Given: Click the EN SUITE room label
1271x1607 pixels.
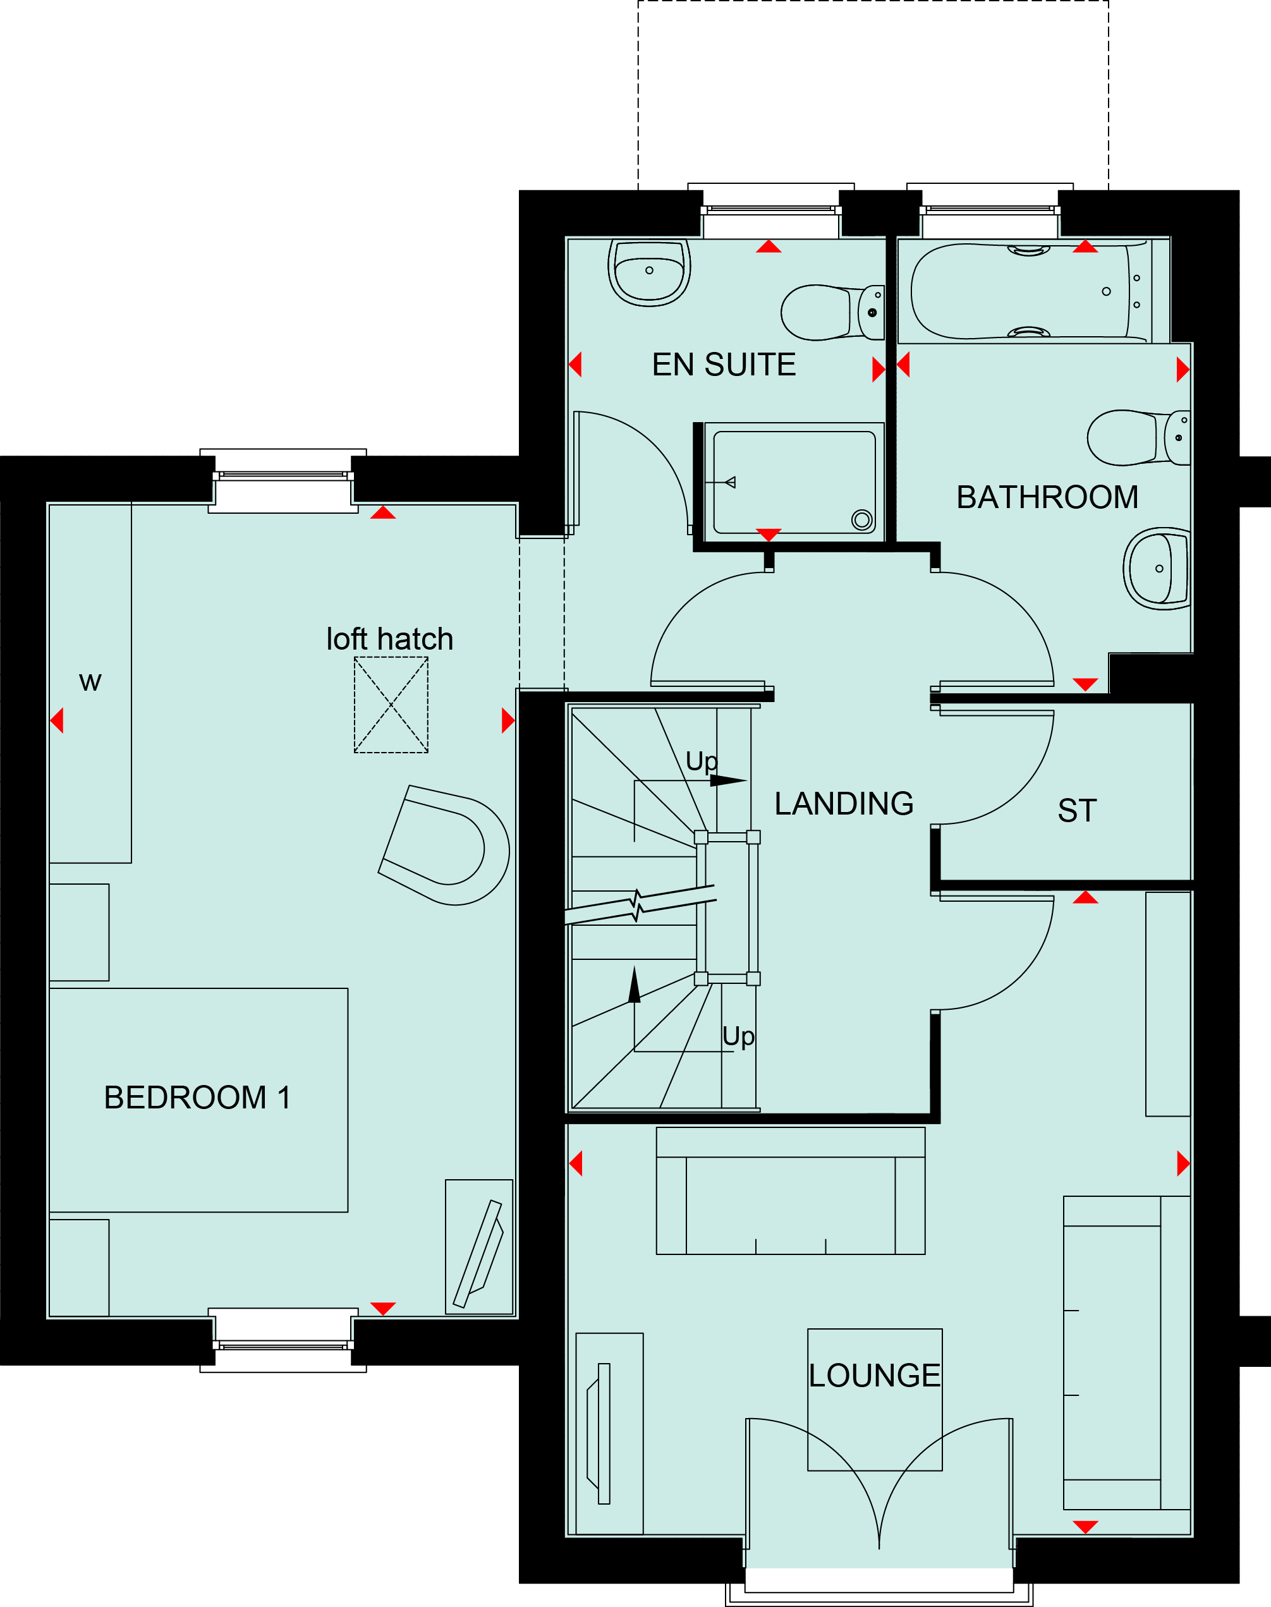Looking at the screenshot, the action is [724, 365].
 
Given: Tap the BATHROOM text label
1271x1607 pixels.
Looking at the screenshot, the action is [1047, 497].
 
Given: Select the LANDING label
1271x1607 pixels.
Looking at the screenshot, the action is [844, 804].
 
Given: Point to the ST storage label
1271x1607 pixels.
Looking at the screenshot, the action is [1077, 810].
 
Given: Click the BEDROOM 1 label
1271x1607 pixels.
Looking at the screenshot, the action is [197, 1098].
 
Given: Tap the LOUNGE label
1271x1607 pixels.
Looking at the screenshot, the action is [874, 1376].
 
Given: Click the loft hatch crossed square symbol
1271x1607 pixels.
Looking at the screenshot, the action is [391, 705].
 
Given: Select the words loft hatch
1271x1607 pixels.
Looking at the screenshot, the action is [389, 639].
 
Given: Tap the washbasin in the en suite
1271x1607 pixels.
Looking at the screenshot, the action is [649, 272].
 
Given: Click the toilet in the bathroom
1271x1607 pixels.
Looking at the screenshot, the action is [1138, 438].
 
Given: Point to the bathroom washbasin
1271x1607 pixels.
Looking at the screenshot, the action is [1157, 568].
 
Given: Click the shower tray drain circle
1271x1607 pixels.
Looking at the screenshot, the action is [863, 519].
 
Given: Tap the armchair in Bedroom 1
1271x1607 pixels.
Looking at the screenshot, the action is [444, 845].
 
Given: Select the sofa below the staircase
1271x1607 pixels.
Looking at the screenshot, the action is [790, 1191].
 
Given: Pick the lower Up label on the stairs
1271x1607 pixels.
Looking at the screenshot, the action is [738, 1037].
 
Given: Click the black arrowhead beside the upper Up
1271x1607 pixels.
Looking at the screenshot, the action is [727, 780].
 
